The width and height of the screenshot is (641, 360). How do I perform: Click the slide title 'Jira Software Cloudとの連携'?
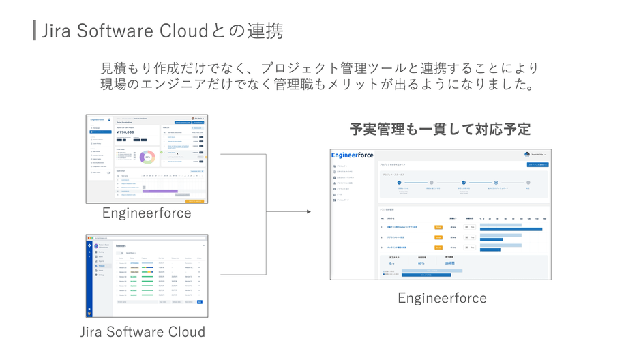coord(162,31)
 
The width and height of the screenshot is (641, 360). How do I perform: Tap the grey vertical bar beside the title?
coord(34,31)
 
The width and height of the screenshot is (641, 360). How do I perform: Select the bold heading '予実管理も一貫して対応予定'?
coord(440,129)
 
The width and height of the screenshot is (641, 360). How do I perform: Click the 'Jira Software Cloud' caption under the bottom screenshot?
coord(143,332)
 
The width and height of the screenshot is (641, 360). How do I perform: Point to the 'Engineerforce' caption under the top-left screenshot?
coord(147,213)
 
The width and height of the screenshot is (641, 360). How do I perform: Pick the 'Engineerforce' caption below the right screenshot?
coord(442,298)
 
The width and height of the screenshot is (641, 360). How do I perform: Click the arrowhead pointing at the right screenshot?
coord(308,212)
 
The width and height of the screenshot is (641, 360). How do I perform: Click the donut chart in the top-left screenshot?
coord(147,156)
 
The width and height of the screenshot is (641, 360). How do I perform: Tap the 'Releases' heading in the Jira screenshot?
coord(121,245)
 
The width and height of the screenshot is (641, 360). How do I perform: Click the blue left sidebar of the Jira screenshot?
coord(89,276)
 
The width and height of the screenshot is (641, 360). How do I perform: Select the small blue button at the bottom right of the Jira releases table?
coord(199,301)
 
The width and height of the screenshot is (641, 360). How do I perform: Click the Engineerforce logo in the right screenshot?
coord(353,155)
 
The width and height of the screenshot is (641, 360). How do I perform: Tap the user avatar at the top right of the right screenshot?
coord(526,155)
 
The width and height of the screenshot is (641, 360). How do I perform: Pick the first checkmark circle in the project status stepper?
coord(399,183)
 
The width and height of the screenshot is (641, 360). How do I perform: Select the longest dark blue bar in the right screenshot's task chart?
coord(511,229)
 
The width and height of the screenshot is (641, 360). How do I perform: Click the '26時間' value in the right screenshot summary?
coord(450,262)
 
